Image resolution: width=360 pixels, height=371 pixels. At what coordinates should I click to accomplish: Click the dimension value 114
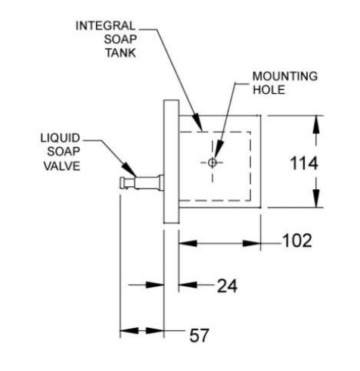(x=304, y=164)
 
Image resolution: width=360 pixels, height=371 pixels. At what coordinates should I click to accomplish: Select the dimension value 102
(x=297, y=241)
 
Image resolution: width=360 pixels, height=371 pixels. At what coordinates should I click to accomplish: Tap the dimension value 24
(x=227, y=286)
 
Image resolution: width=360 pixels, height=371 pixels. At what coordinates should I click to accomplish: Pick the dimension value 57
(x=199, y=335)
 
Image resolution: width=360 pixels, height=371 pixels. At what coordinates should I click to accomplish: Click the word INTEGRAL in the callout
(x=106, y=26)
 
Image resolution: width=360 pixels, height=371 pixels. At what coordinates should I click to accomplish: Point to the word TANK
(x=120, y=53)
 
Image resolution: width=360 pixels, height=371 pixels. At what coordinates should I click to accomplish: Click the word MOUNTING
(x=285, y=76)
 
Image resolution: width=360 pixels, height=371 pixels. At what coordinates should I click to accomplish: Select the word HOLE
(x=269, y=90)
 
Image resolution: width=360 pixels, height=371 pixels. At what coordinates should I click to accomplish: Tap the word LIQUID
(x=61, y=138)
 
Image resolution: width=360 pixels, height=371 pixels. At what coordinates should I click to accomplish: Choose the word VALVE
(x=62, y=166)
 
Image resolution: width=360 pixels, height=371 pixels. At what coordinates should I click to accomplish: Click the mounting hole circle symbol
(x=213, y=163)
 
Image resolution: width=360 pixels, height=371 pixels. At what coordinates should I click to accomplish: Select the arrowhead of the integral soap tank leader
(x=197, y=122)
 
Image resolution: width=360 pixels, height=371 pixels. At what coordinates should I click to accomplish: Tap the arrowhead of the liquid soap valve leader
(x=129, y=170)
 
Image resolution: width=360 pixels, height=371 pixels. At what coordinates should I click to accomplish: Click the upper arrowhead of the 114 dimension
(x=316, y=125)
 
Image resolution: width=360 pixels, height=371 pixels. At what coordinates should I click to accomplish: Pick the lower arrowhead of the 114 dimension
(x=316, y=198)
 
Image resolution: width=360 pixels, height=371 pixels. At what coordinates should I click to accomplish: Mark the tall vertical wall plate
(x=172, y=161)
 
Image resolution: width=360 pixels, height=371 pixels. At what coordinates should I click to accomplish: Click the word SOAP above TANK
(x=120, y=39)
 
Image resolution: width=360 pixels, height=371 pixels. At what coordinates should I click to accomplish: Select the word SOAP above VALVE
(x=64, y=151)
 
